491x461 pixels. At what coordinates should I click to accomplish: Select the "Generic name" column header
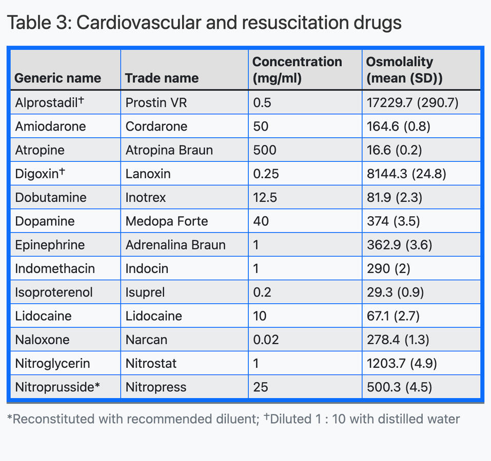(57, 78)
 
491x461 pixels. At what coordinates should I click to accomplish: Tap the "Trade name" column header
(162, 78)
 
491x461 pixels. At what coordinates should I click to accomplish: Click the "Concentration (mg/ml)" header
(297, 70)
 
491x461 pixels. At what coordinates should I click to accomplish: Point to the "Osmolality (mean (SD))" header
(404, 70)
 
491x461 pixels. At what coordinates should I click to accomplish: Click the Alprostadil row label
(49, 103)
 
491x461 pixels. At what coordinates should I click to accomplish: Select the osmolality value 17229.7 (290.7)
(412, 103)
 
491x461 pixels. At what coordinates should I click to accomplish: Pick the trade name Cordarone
(156, 127)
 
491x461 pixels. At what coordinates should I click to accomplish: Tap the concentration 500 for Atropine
(264, 150)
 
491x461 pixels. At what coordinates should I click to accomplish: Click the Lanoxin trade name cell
(148, 174)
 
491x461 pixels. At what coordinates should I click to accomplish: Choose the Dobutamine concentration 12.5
(265, 197)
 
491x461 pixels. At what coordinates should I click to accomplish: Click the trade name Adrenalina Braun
(175, 245)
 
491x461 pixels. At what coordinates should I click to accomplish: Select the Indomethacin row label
(55, 268)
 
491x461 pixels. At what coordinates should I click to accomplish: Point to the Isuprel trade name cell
(144, 292)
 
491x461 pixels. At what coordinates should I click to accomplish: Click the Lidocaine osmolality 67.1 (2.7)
(392, 316)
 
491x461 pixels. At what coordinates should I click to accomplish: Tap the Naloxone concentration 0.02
(266, 340)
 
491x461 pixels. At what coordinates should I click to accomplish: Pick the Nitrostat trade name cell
(151, 363)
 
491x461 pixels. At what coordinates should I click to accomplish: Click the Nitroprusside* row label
(56, 387)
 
